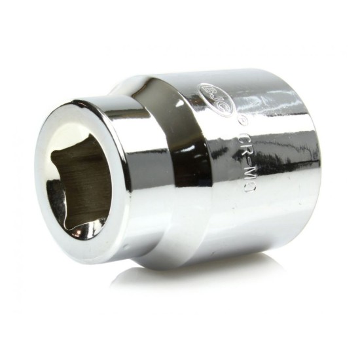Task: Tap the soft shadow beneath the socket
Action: pyautogui.click(x=216, y=275)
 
